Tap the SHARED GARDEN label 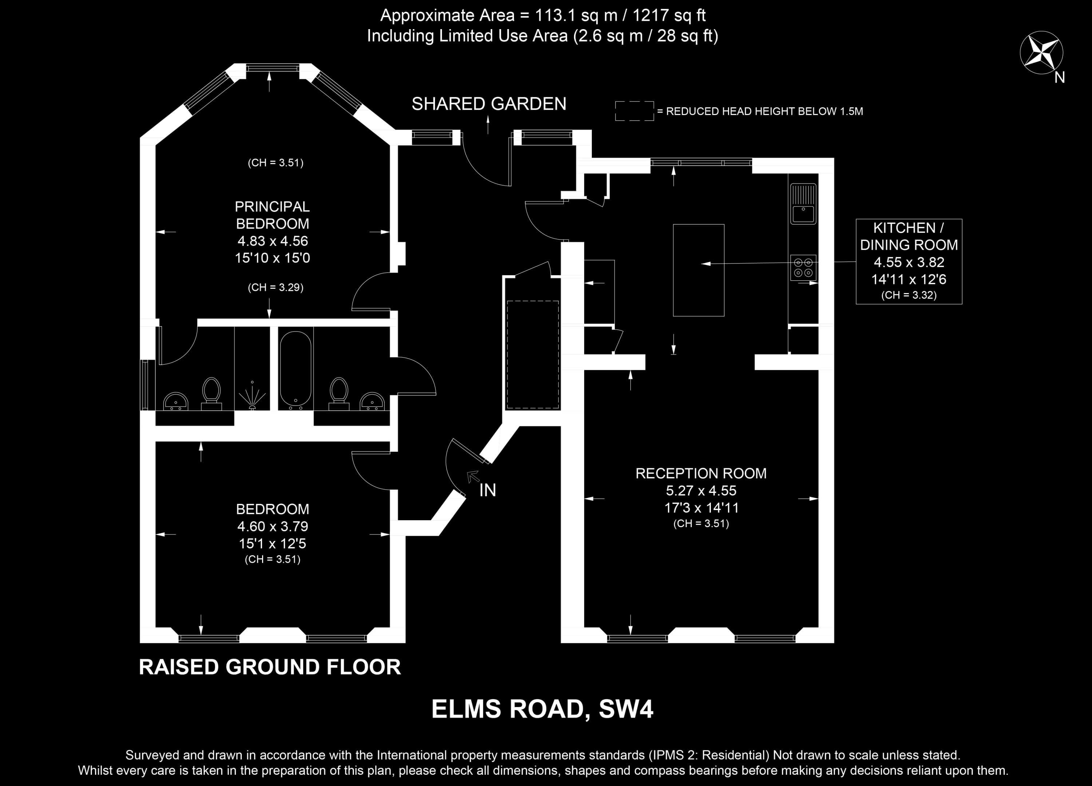tap(489, 104)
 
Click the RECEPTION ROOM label tap(701, 473)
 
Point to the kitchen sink tap(803, 204)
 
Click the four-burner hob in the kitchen tap(803, 267)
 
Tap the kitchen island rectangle tap(699, 270)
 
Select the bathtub tap(296, 369)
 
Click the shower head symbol tap(252, 395)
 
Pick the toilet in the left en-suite tap(211, 394)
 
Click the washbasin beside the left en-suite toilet tap(176, 401)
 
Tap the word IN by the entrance tap(488, 490)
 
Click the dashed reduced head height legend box tap(634, 111)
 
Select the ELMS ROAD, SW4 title tap(542, 709)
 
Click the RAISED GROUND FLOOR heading tap(270, 667)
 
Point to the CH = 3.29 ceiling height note tap(276, 288)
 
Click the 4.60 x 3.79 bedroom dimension tap(273, 526)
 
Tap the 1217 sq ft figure tap(669, 15)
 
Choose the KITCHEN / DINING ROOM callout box tap(909, 261)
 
